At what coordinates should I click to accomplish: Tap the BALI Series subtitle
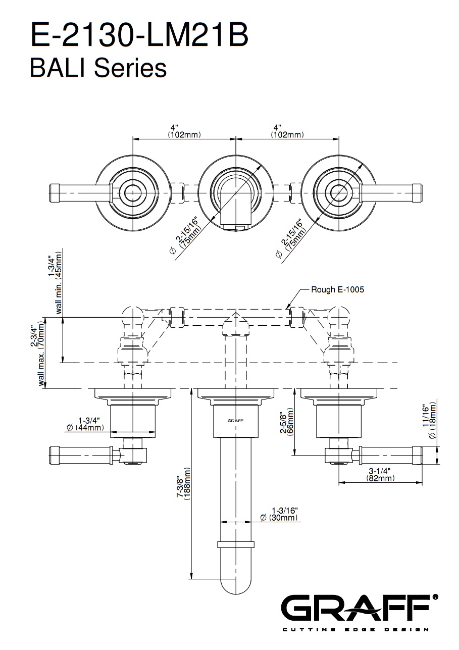pyautogui.click(x=98, y=68)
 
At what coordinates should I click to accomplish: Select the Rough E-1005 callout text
pyautogui.click(x=337, y=289)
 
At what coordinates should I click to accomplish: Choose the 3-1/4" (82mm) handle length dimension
pyautogui.click(x=381, y=474)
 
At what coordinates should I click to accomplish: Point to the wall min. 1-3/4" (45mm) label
pyautogui.click(x=55, y=283)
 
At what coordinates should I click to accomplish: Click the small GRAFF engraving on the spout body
pyautogui.click(x=235, y=420)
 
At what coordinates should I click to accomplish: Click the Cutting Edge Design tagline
pyautogui.click(x=355, y=629)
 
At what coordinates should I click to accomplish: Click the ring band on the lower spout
pyautogui.click(x=235, y=544)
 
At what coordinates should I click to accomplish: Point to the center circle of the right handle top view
pyautogui.click(x=338, y=192)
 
